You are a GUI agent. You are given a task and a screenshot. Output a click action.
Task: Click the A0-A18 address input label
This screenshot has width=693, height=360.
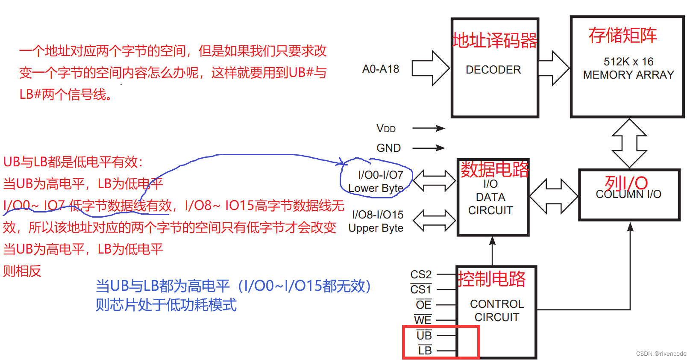pos(380,69)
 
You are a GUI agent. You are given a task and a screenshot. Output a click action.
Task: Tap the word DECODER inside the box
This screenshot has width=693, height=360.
pos(493,70)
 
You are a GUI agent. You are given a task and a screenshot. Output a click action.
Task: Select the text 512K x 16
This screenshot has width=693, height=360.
pos(628,62)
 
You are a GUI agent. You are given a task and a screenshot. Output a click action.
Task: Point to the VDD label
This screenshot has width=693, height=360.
pos(386,128)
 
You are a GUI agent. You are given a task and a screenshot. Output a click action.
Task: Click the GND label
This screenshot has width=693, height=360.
pos(388,148)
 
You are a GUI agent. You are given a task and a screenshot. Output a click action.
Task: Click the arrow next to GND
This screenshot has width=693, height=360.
pos(429,148)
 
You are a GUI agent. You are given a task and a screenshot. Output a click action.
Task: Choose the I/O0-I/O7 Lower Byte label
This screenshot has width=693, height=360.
pos(376,181)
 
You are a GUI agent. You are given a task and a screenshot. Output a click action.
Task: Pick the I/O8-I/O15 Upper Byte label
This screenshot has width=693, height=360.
pos(376,221)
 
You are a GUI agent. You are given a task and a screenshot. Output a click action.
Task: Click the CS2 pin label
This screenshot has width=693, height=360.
pos(421,274)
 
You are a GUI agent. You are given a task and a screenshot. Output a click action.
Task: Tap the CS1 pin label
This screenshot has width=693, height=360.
pos(421,289)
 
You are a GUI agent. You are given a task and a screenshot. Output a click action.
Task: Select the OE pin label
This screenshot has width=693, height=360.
pos(423,305)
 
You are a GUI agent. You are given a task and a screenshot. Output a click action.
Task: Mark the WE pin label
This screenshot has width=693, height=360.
pos(423,320)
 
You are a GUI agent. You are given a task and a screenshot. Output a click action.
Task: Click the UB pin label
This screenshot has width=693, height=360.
pos(424,335)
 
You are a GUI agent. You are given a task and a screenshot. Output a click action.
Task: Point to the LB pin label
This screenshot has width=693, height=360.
pos(425,351)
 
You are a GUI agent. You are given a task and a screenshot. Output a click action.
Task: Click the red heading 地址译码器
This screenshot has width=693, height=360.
pos(495,41)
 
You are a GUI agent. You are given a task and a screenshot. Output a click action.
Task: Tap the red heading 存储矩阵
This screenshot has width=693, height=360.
pos(623,35)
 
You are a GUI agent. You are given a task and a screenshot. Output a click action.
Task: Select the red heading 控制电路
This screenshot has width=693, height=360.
pos(491,279)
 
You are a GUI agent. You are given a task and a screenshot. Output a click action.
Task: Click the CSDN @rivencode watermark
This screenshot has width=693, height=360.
pos(661,354)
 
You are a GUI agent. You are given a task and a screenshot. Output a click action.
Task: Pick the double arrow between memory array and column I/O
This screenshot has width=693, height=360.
pos(629,143)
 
